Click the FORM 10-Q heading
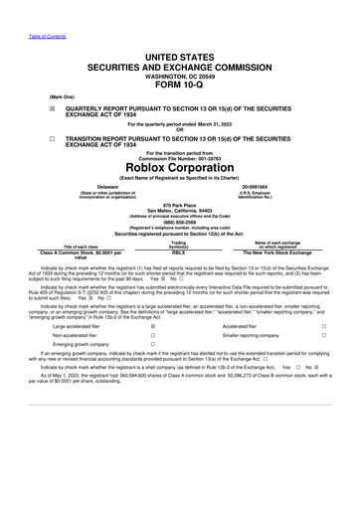[x=179, y=83]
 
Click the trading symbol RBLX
[x=179, y=254]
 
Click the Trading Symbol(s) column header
[x=179, y=245]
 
